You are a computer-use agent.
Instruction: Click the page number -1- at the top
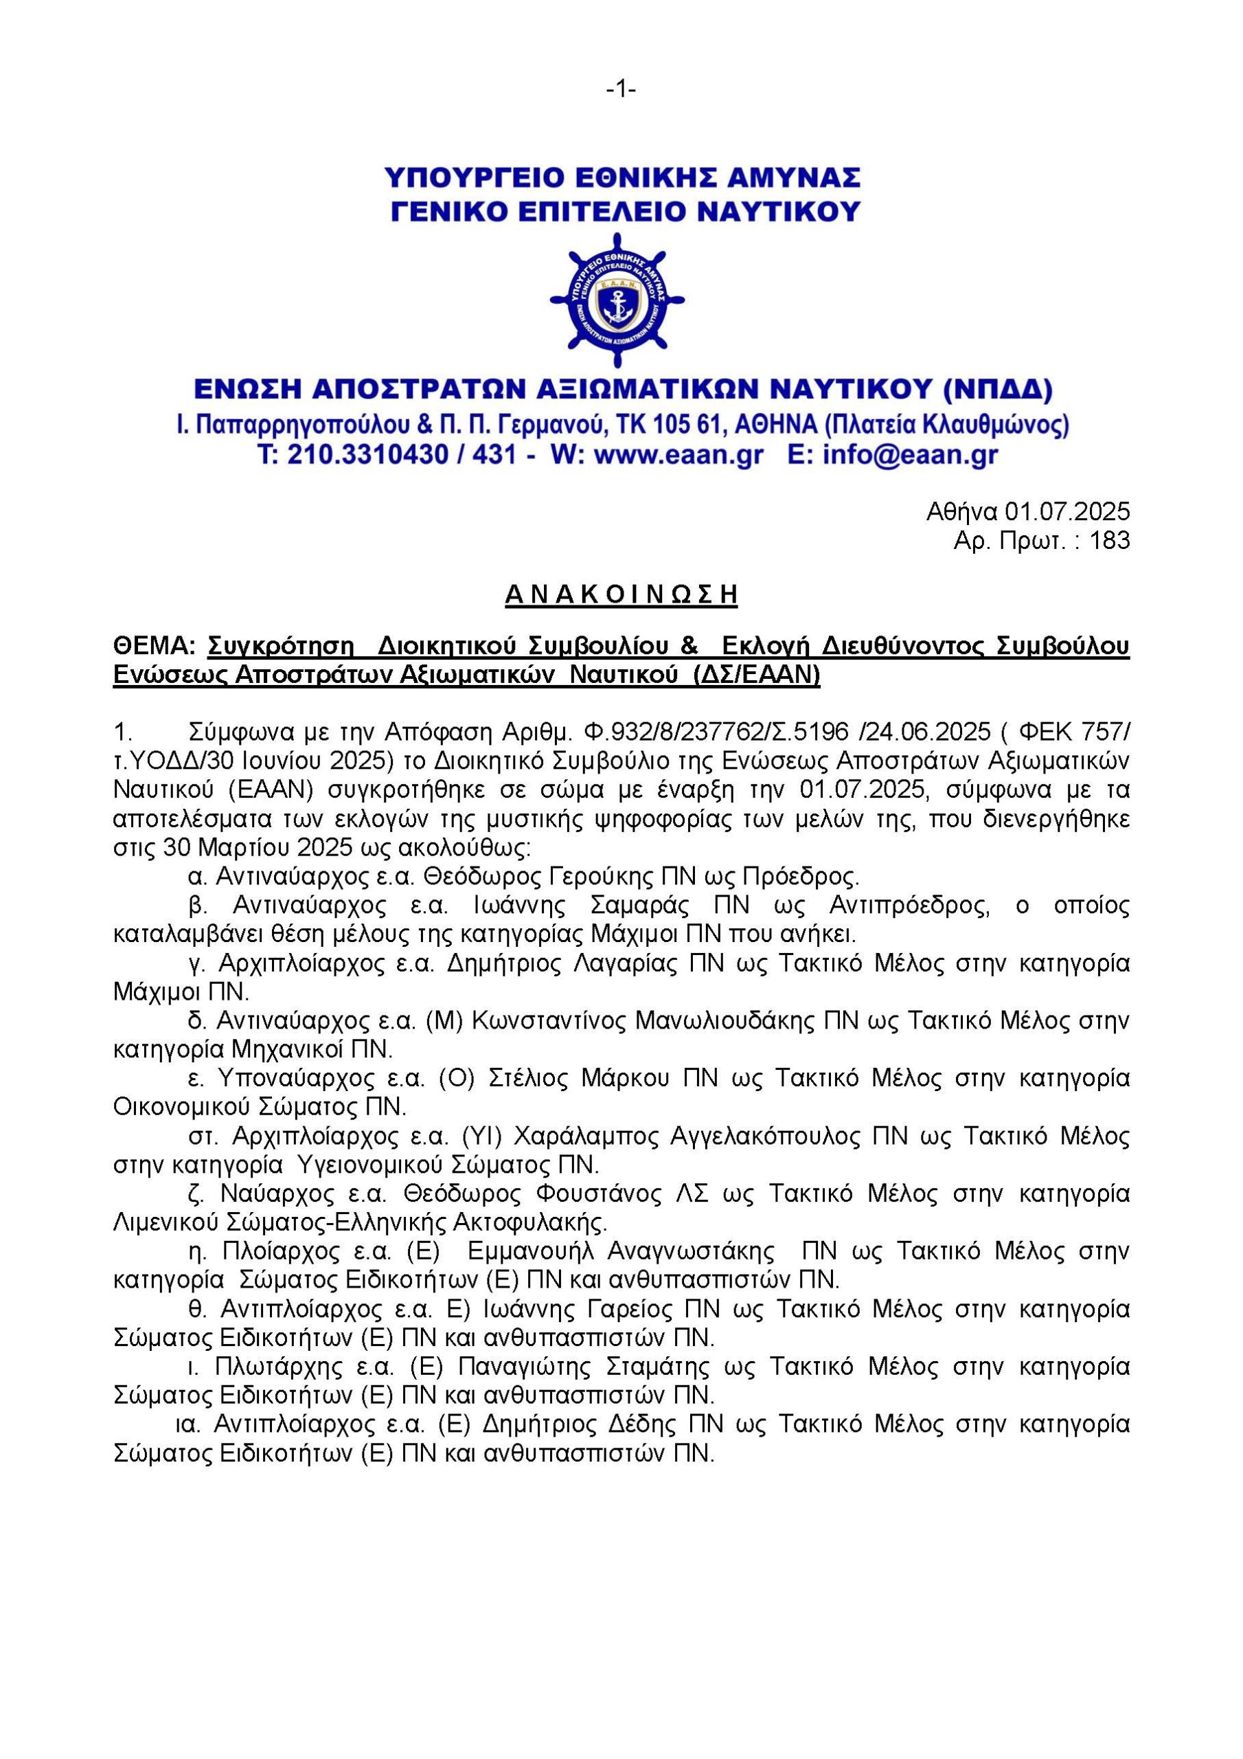coord(621,91)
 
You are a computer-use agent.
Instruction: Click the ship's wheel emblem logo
coord(617,300)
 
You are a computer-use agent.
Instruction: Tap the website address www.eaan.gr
coord(678,455)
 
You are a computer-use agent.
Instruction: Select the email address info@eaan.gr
coord(910,455)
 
